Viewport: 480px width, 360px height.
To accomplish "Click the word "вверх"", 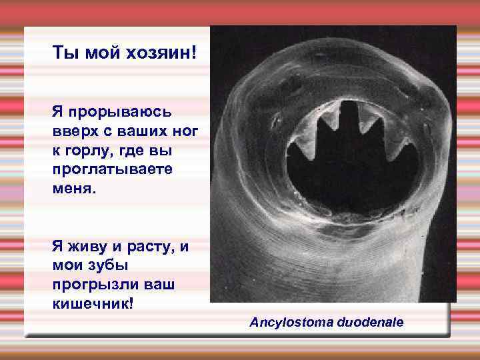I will click(72, 131).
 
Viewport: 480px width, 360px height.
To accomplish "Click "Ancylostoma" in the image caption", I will click(287, 323).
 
